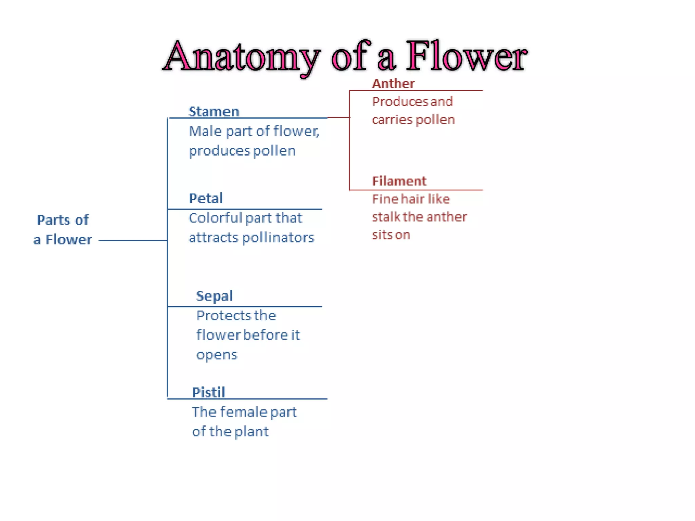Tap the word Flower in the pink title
pyautogui.click(x=466, y=56)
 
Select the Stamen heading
pyautogui.click(x=214, y=112)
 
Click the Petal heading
pyautogui.click(x=206, y=198)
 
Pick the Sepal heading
pyautogui.click(x=214, y=296)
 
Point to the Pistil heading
pyautogui.click(x=208, y=392)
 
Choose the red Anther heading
pyautogui.click(x=393, y=84)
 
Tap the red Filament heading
pyautogui.click(x=399, y=181)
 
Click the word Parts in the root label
pyautogui.click(x=52, y=220)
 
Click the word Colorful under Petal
pyautogui.click(x=215, y=218)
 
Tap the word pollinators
pyautogui.click(x=278, y=237)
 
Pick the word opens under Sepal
pyautogui.click(x=217, y=355)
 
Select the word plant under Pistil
pyautogui.click(x=251, y=432)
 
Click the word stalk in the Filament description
pyautogui.click(x=386, y=217)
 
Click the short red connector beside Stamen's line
pyautogui.click(x=338, y=117)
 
